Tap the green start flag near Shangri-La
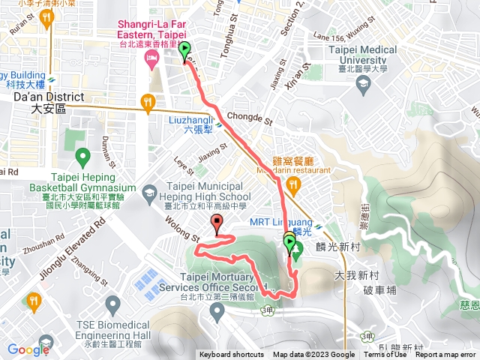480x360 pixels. (184, 52)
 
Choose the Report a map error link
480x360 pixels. (445, 355)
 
